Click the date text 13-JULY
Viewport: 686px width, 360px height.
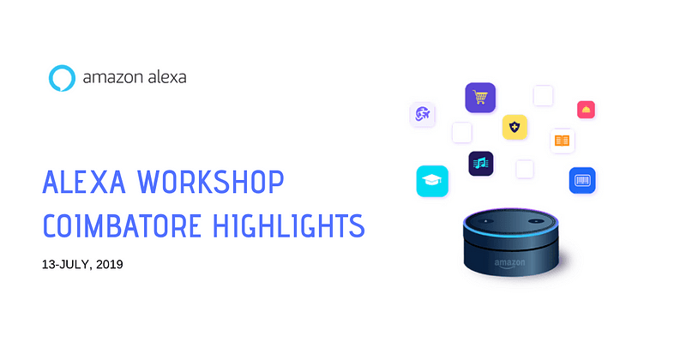click(x=68, y=265)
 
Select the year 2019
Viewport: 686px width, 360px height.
click(x=110, y=265)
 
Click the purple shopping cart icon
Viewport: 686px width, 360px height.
click(x=480, y=98)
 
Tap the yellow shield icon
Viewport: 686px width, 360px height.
click(x=514, y=127)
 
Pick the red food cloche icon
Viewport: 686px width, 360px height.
click(x=587, y=110)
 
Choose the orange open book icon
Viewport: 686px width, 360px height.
click(x=563, y=141)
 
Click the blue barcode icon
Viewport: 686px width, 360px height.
click(x=582, y=181)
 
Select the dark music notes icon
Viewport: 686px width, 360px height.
click(x=482, y=164)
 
